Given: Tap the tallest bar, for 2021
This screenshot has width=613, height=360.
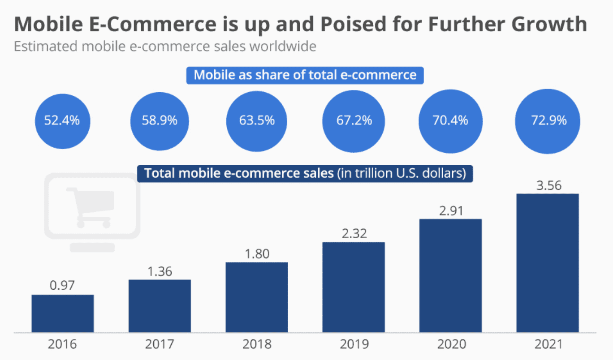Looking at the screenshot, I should [548, 263].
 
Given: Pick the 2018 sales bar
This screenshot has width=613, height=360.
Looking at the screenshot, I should [257, 297].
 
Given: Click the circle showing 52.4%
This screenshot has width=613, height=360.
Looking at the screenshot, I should [62, 120].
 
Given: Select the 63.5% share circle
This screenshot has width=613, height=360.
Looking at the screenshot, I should [257, 120].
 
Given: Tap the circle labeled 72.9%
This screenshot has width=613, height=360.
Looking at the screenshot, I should [548, 120].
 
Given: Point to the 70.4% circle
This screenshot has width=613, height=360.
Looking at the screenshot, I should [450, 120].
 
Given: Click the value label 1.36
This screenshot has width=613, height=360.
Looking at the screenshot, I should [160, 272].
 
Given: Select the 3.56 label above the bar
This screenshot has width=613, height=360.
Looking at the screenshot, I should [548, 185].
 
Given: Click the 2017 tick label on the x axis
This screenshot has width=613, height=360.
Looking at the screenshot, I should [160, 345].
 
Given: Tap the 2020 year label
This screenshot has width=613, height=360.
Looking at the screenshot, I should [450, 345].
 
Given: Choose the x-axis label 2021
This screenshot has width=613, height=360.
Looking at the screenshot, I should [548, 345].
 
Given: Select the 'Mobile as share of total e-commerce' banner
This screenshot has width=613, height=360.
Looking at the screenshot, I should [305, 75].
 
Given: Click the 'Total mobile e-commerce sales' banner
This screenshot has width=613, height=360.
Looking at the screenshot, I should [305, 173].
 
